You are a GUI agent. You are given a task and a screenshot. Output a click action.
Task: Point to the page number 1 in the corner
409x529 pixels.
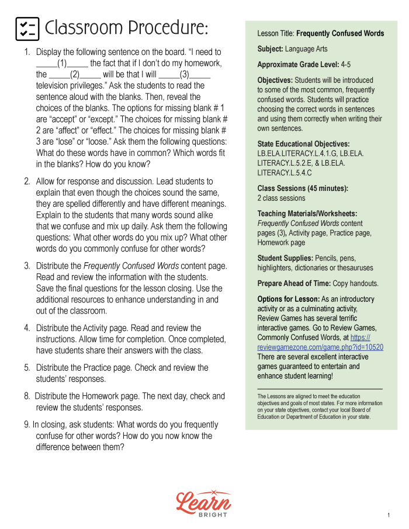(388, 515)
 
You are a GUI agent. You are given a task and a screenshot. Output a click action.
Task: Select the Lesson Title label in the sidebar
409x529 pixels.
(276, 34)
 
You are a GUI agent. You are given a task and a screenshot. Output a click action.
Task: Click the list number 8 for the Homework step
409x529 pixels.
(27, 396)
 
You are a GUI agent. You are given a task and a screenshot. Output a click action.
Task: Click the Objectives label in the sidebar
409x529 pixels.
(275, 80)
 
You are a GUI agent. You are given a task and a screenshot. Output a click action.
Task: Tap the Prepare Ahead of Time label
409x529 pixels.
(294, 283)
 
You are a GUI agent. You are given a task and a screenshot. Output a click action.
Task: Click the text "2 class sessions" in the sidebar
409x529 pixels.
(281, 198)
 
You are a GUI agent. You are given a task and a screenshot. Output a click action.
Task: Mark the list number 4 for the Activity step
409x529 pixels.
(27, 328)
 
